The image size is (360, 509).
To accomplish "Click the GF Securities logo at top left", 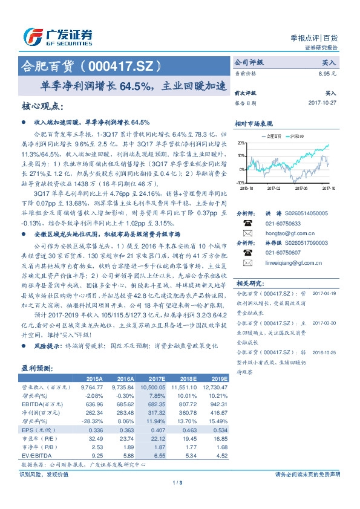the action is point(57,37).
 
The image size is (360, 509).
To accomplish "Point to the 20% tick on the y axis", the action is point(241,143).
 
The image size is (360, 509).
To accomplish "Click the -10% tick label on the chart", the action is point(240,182).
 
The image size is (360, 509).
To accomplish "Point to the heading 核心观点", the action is point(41,106).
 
